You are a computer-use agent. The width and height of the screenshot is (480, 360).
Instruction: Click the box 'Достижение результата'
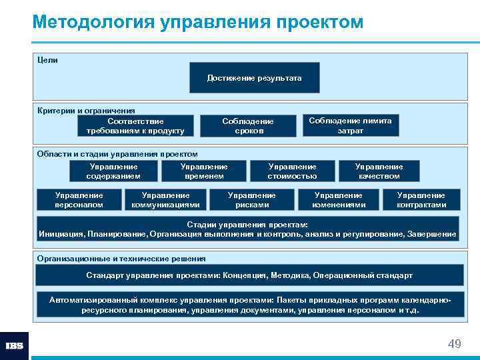[x=254, y=78]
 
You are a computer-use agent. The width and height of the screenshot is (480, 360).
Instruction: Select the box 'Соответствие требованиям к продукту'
[x=135, y=126]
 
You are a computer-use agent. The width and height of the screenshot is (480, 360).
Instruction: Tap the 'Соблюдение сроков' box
[x=249, y=126]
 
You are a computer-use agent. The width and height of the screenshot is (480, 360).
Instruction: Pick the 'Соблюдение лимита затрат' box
[x=351, y=125]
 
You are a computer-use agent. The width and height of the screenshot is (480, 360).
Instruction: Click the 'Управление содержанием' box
[x=114, y=171]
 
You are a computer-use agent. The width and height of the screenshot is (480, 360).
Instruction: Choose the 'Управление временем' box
[x=204, y=171]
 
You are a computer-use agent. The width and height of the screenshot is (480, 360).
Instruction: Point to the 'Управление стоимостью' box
[x=292, y=171]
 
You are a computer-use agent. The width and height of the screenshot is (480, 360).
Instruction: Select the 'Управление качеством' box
[x=379, y=171]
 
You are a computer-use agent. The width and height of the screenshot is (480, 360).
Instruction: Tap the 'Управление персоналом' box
[x=79, y=200]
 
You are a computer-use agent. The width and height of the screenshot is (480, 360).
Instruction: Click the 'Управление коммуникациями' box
[x=165, y=200]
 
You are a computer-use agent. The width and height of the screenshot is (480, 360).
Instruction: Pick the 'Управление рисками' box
[x=251, y=200]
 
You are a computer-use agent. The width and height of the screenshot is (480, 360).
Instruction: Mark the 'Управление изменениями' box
[x=339, y=200]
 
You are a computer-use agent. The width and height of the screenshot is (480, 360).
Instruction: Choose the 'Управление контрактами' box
[x=421, y=200]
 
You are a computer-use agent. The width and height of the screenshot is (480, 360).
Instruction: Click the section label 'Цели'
[x=47, y=60]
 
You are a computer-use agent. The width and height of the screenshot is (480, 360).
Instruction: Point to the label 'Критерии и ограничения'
[x=86, y=111]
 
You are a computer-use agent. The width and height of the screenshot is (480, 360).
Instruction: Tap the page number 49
[x=454, y=344]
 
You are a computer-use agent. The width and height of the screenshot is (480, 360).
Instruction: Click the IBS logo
[x=15, y=346]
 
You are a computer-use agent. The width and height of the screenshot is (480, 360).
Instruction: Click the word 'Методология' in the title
[x=93, y=22]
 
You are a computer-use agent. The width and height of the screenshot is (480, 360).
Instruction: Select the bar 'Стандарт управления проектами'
[x=249, y=275]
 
